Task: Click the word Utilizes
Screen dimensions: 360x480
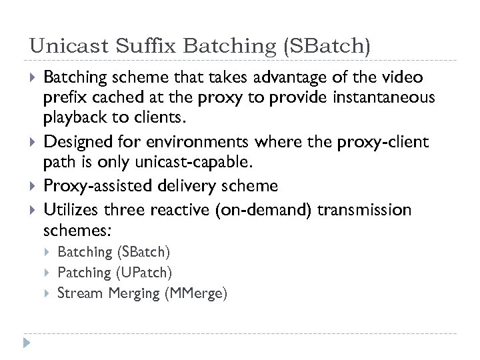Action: pyautogui.click(x=67, y=211)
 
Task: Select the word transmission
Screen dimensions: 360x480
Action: pyautogui.click(x=365, y=211)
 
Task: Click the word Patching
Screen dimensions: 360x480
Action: pyautogui.click(x=85, y=272)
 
